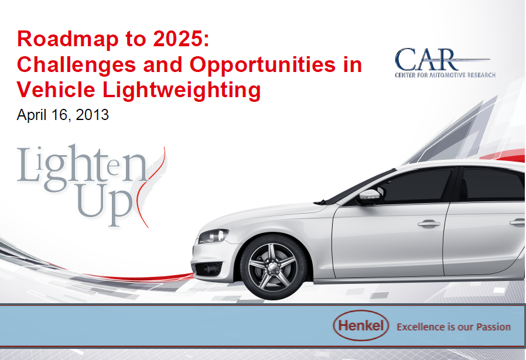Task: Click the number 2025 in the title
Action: point(177,39)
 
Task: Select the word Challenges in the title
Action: point(77,65)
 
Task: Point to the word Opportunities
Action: point(262,65)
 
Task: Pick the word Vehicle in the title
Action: point(56,90)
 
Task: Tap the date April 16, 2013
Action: point(63,115)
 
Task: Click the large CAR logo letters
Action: point(425,59)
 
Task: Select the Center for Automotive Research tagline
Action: point(445,75)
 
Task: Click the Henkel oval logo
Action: point(361,325)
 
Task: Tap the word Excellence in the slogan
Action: point(416,327)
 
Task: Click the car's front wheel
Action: point(273,267)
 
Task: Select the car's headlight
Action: point(213,236)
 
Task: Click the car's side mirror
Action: point(370,197)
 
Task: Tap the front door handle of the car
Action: point(429,224)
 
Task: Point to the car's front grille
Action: point(208,269)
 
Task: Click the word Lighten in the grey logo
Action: point(82,168)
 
